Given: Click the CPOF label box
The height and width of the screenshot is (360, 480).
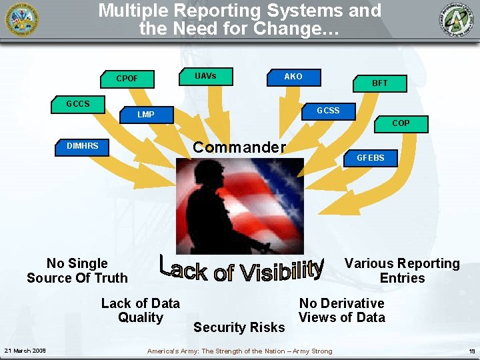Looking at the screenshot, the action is point(127,79).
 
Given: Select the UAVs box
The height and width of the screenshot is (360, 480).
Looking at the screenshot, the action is point(205,76).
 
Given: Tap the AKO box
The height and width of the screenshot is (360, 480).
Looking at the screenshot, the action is point(293,77).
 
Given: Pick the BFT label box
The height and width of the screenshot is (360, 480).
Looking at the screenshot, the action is point(380,83).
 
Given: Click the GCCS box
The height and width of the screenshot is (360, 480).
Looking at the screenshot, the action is point(79,104).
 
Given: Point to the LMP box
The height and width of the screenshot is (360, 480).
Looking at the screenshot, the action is point(146,115).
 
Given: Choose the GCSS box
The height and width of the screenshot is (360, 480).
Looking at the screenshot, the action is point(328,111).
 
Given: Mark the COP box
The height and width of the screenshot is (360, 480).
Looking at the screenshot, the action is point(401,123).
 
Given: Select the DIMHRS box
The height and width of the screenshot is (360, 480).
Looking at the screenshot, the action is point(83,146).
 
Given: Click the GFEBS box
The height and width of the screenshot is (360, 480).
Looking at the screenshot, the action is point(371,158).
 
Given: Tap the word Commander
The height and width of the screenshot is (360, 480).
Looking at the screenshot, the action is point(239,147).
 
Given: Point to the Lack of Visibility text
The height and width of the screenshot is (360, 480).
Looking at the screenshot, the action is point(241,268).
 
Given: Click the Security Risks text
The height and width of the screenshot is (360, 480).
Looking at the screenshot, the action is point(239,327).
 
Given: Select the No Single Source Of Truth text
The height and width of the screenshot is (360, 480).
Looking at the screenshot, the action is point(77,271).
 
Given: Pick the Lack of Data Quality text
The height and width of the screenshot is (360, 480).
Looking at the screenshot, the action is point(140,311).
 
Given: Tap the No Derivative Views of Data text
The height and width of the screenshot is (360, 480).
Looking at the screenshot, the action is point(341,311).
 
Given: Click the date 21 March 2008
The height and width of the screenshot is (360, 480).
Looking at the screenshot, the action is point(25,351).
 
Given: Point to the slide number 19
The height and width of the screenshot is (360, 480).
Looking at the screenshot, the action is point(471,351).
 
